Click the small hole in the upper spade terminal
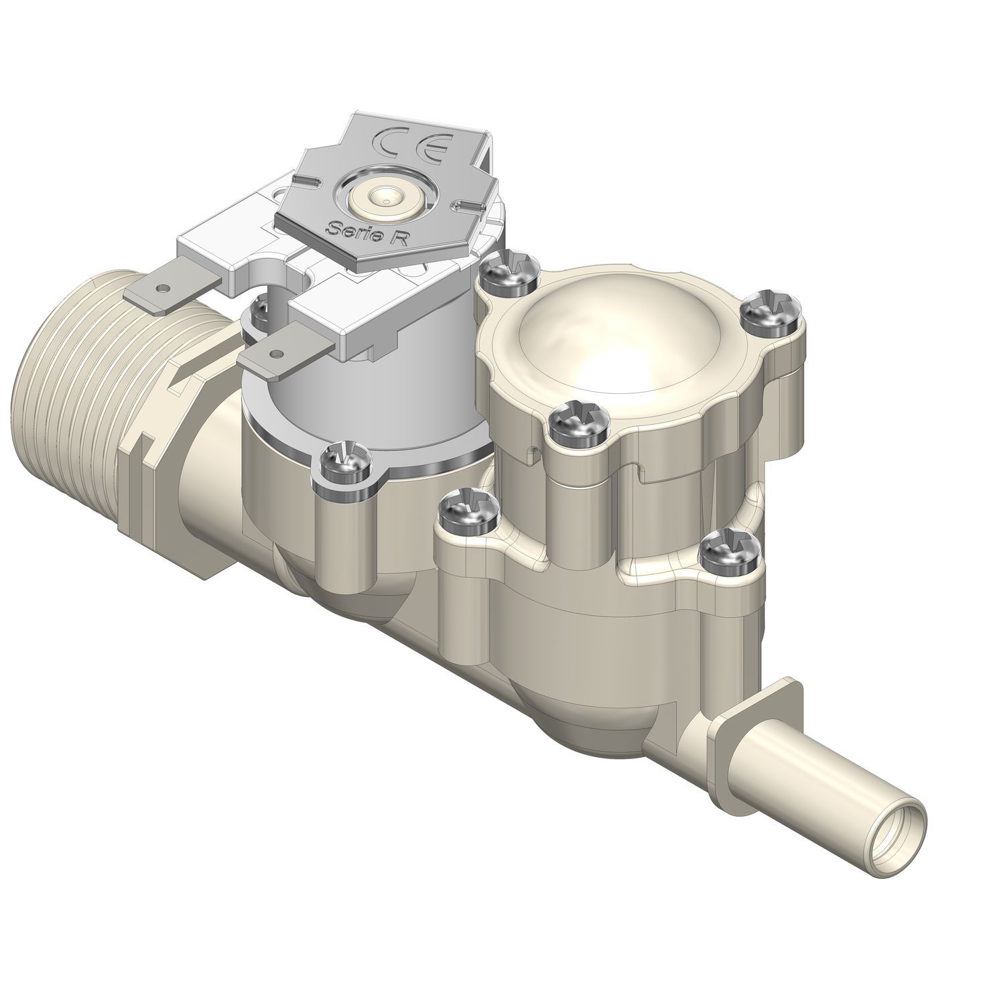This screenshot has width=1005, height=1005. pos(160,289)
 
